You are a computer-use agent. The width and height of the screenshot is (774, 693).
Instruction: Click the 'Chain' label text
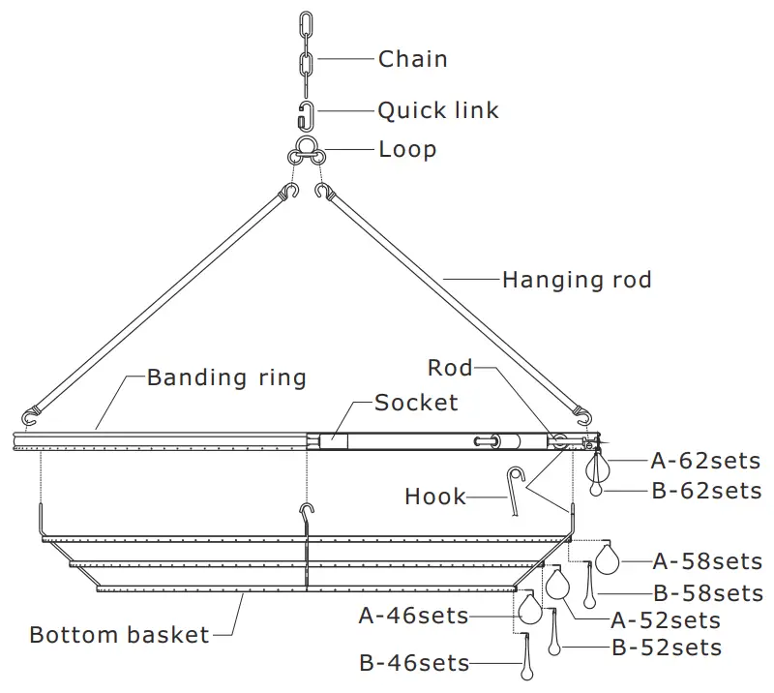[x=413, y=59]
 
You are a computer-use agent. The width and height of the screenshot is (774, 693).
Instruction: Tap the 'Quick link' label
[x=438, y=110]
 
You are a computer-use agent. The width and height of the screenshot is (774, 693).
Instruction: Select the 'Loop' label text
[x=407, y=150]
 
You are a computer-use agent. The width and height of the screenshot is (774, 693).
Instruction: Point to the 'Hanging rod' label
[x=577, y=281]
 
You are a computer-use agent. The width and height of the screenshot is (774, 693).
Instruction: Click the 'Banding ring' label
[x=226, y=377]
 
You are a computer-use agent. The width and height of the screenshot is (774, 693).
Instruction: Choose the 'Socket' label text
[x=416, y=402]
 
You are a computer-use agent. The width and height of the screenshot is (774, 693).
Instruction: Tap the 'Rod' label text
[x=450, y=368]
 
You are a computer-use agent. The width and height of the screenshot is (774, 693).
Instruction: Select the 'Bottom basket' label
[x=119, y=635]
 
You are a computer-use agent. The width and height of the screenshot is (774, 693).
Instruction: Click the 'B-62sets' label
[x=705, y=491]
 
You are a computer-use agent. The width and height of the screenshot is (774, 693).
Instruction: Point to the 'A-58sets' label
[x=707, y=560]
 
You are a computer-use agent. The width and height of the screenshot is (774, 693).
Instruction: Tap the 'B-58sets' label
[x=707, y=592]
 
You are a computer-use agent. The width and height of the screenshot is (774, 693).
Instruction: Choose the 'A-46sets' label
[x=413, y=616]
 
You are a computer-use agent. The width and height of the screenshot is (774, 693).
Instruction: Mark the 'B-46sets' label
[x=414, y=663]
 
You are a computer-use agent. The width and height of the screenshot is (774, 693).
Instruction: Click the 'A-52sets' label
[x=666, y=619]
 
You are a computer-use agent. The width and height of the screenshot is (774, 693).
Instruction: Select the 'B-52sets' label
[x=666, y=648]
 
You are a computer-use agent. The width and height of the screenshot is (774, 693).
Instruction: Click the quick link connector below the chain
[x=306, y=113]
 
